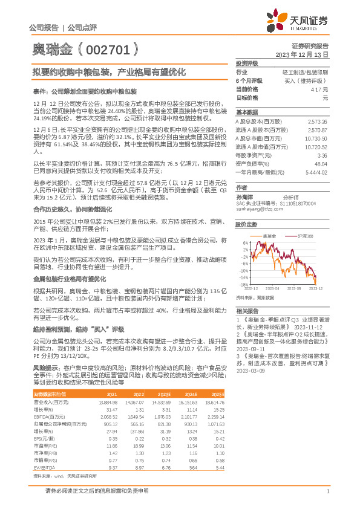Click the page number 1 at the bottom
point(327,491)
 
